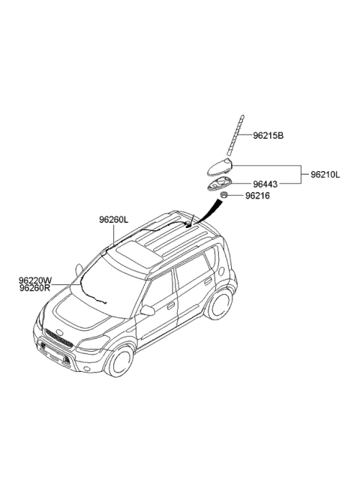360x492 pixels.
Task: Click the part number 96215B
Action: pos(268,136)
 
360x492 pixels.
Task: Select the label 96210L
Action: pos(325,175)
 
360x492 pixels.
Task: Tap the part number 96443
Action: pos(265,184)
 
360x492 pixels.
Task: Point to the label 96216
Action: pos(257,196)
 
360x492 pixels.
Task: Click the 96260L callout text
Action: pos(113,220)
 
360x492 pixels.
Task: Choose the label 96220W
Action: pos(35,280)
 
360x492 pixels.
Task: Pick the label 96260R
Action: pos(34,288)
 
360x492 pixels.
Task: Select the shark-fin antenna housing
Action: pos(220,166)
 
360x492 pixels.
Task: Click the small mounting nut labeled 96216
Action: pos(223,195)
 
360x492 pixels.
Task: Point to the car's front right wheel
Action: pos(120,361)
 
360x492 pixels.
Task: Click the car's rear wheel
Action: pos(220,304)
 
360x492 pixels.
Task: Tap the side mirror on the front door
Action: pos(148,310)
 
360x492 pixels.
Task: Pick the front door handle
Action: pos(171,305)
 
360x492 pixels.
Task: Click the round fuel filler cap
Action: pos(221,271)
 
